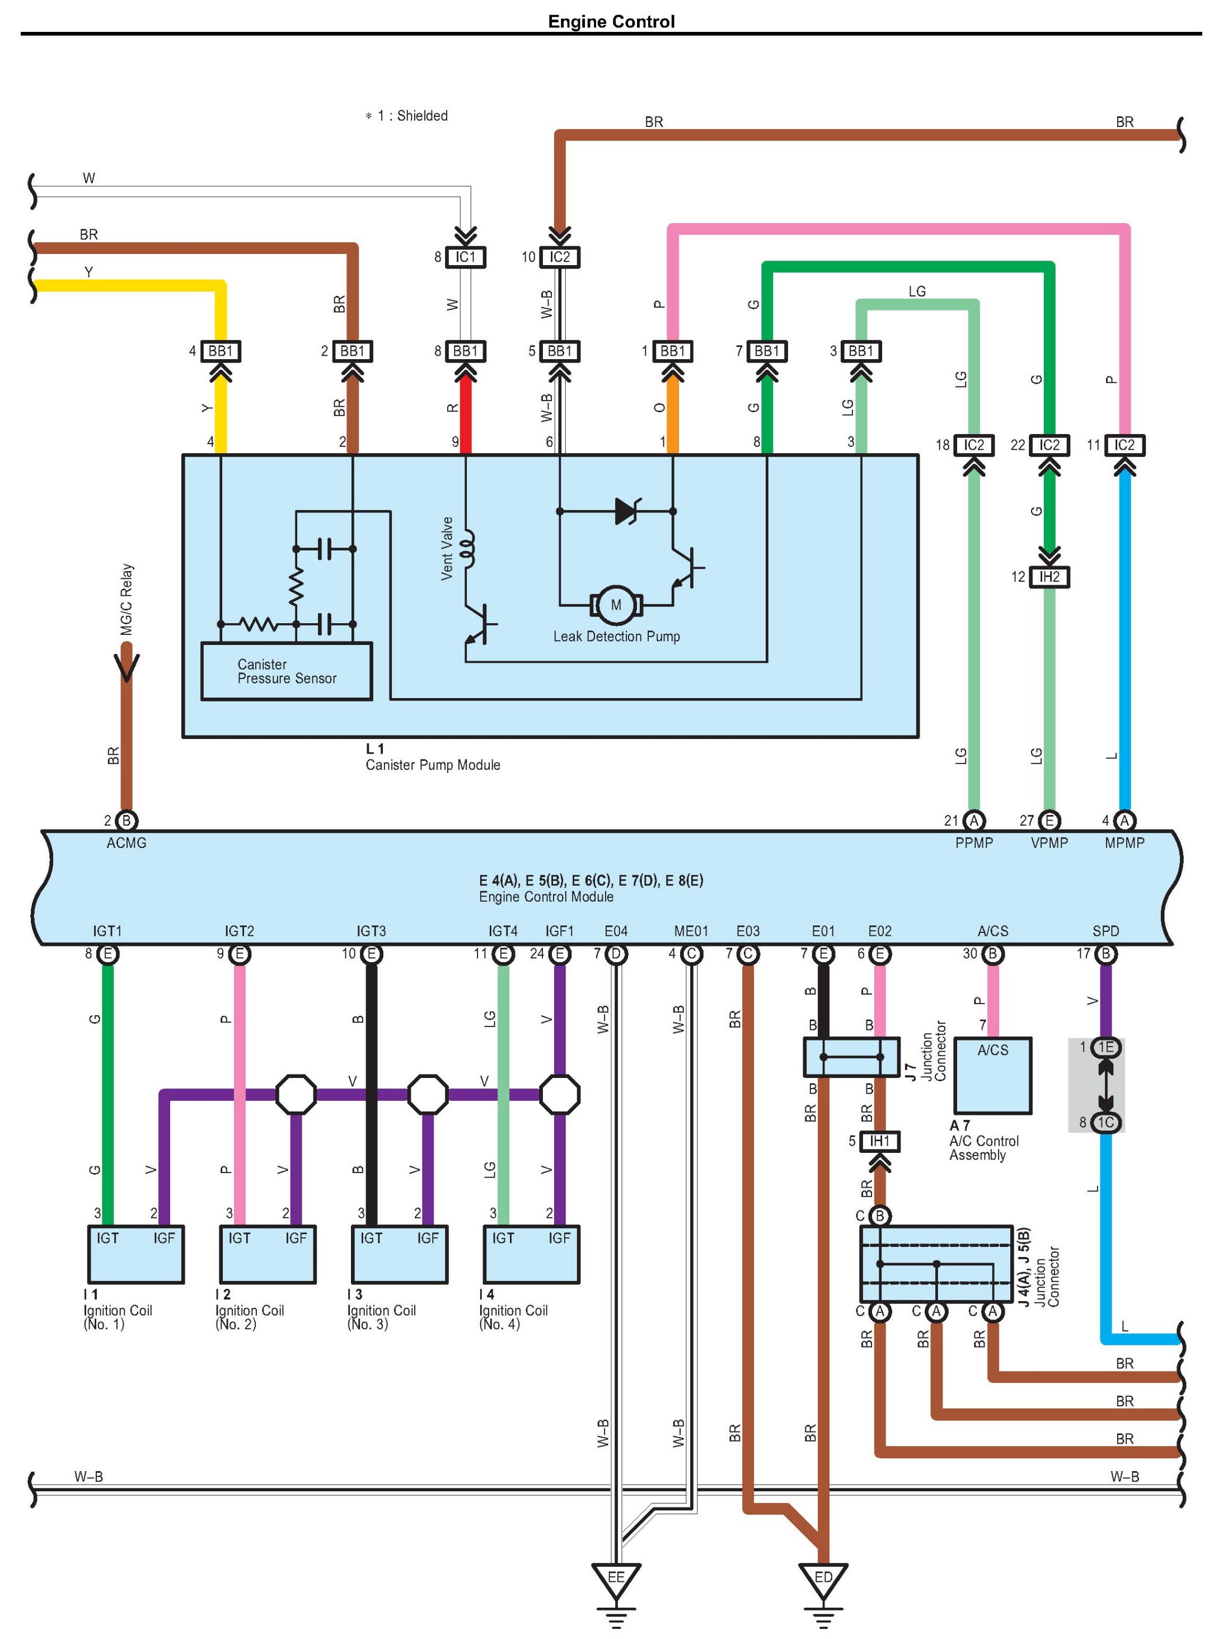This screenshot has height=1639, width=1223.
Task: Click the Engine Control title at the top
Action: coord(611,21)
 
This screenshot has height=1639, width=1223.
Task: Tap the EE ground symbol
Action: coord(616,1579)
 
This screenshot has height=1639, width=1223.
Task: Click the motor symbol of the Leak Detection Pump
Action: coord(616,605)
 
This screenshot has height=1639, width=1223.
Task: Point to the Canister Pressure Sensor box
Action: coord(287,671)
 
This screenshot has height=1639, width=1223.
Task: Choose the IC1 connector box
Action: coord(465,257)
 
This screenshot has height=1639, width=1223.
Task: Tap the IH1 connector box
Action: coord(879,1141)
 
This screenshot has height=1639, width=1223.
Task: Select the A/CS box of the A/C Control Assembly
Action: coord(993,1075)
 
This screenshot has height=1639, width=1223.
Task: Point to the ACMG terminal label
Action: coord(126,843)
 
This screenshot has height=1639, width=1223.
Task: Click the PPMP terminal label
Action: coord(973,843)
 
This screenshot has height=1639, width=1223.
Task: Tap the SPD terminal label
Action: coord(1105,931)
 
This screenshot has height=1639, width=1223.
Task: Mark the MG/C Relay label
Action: coord(127,599)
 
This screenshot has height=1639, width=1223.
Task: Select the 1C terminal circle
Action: coord(1105,1123)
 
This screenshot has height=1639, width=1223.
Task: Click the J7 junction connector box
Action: coord(851,1057)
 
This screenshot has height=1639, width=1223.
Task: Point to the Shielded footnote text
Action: coord(406,115)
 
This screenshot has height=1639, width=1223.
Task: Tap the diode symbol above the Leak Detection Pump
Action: coord(627,511)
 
